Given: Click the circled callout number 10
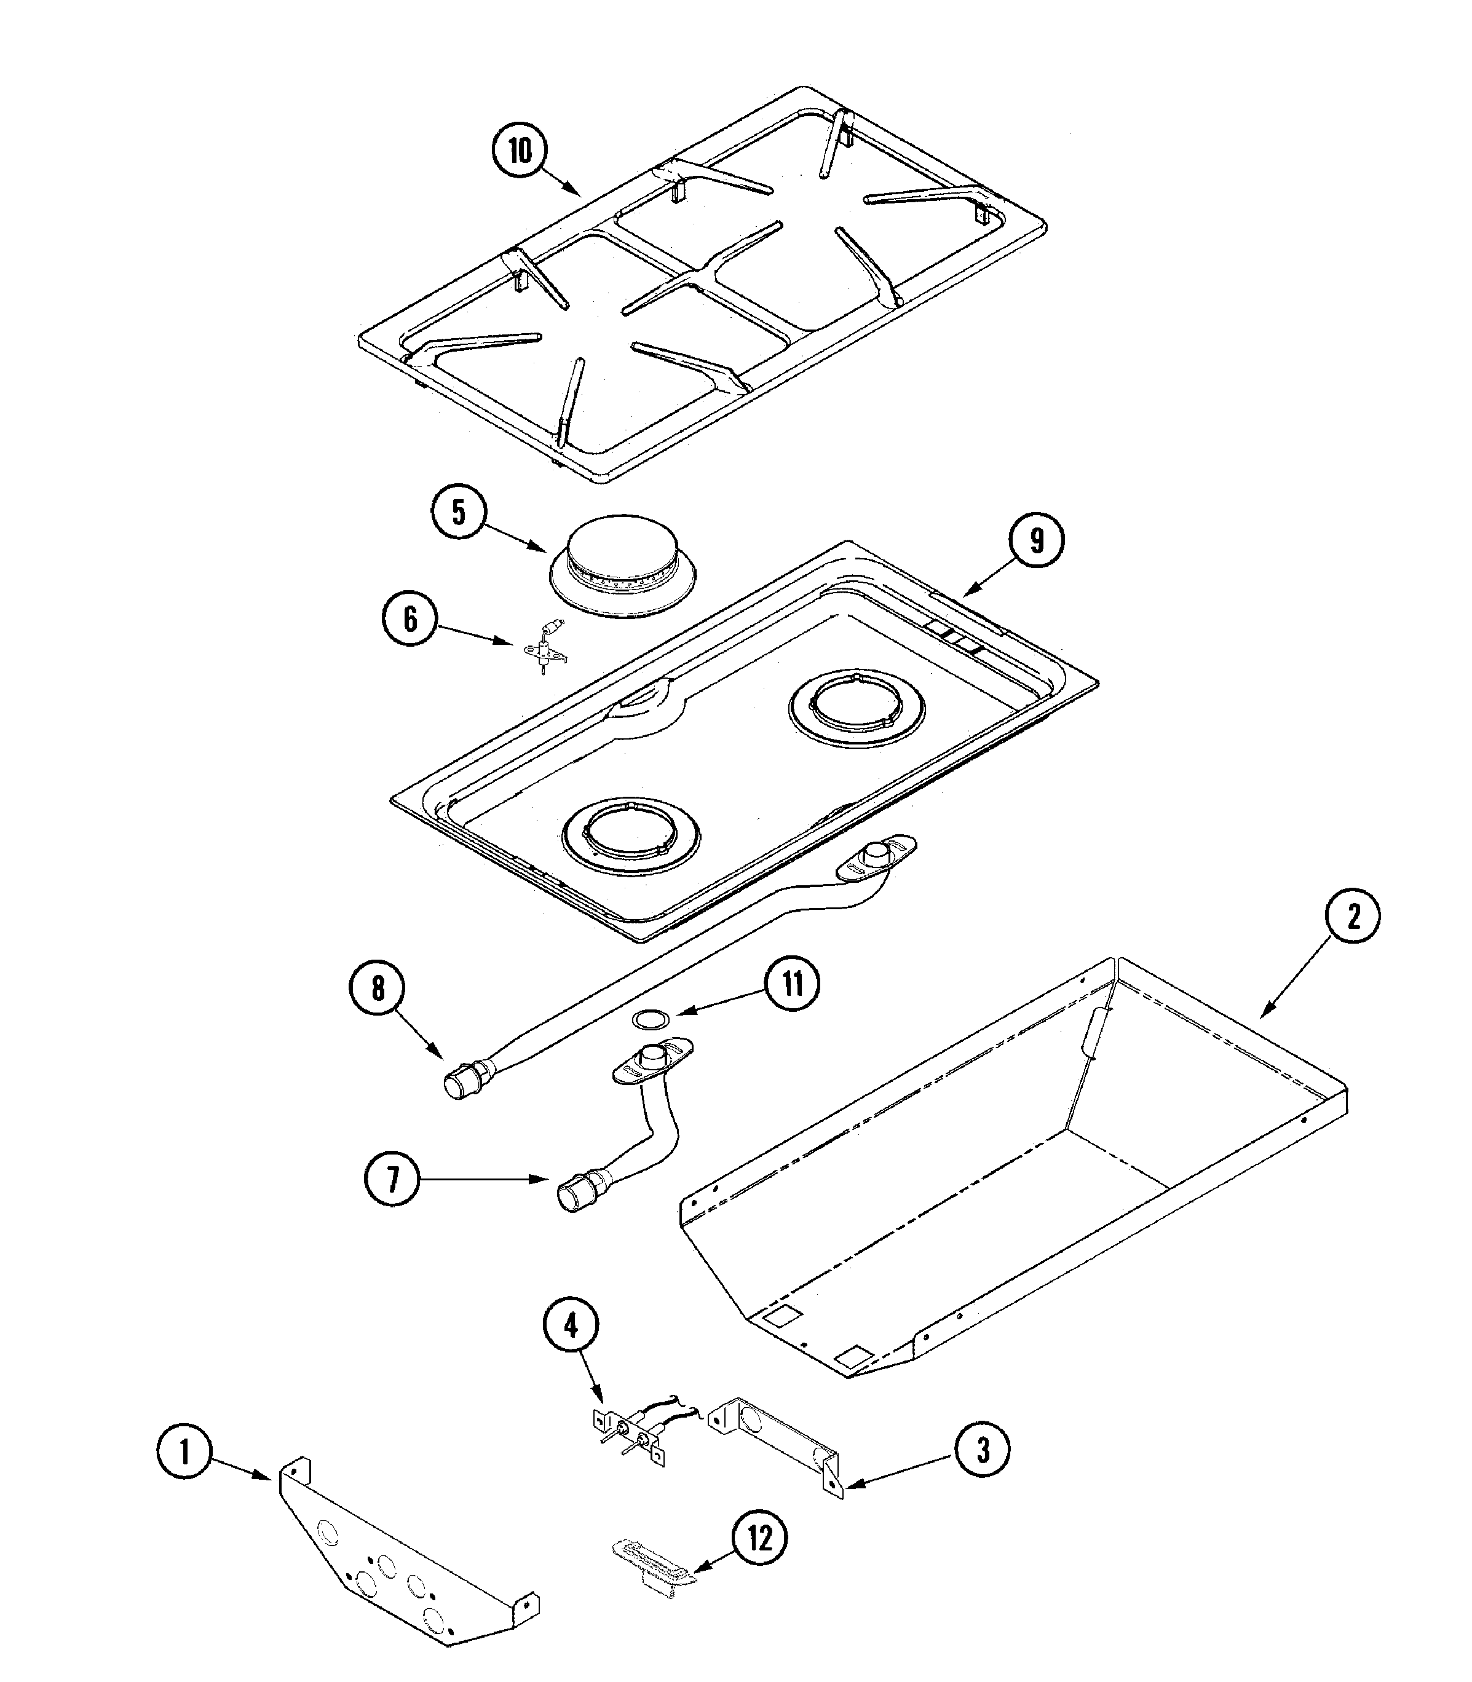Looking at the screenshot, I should pyautogui.click(x=520, y=152).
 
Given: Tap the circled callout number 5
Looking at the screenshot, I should pyautogui.click(x=458, y=513).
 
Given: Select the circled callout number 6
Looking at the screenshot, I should pyautogui.click(x=410, y=619).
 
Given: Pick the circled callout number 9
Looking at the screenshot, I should pyautogui.click(x=1036, y=541).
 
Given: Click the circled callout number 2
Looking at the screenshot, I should pyautogui.click(x=1353, y=916).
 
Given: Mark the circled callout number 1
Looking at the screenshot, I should pyautogui.click(x=185, y=1451).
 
